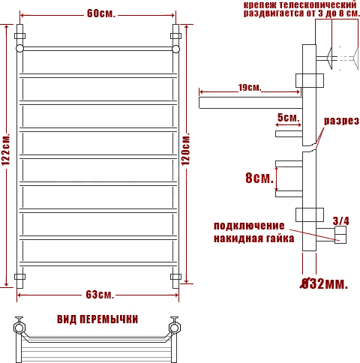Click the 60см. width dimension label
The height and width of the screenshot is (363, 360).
101,13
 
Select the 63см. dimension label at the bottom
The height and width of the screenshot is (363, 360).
100,295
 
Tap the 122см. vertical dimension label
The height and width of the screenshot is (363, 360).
6,149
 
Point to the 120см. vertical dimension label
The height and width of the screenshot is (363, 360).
185,149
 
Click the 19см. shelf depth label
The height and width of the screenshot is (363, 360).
250,88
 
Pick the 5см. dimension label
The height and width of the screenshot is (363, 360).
288,118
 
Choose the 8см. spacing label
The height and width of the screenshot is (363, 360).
259,178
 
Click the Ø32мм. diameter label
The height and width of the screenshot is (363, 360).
324,283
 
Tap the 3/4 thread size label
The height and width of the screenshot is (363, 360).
341,220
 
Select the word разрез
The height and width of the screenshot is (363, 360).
341,121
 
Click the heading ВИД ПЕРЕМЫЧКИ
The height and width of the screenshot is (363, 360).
97,319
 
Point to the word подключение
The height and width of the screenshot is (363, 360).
249,226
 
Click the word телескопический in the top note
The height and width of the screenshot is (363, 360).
318,4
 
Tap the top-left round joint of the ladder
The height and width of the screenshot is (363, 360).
19,49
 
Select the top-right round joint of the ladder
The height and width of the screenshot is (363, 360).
175,49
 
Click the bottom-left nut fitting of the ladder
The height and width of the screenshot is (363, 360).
19,277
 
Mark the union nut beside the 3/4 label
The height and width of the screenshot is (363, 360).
340,235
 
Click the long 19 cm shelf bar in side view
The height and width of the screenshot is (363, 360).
250,103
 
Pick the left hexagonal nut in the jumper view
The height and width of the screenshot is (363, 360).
19,328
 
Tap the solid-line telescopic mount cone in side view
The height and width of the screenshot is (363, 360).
329,58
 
